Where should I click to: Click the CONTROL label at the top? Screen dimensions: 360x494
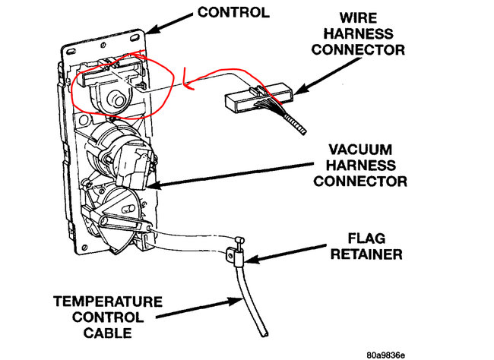click(x=234, y=12)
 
